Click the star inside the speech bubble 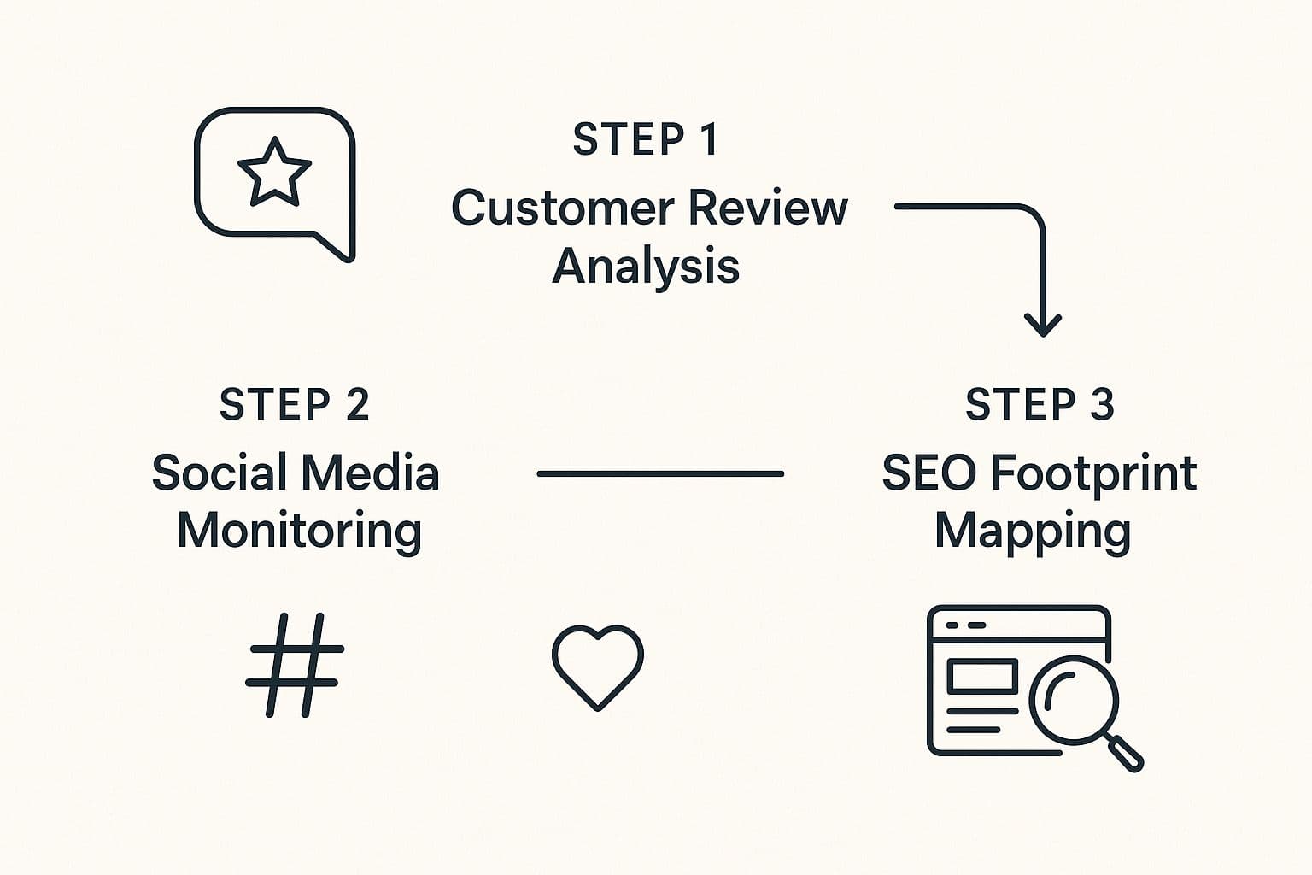273,173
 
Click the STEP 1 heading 646,139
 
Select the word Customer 562,208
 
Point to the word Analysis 646,266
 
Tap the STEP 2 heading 295,404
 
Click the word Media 370,473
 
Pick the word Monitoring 299,531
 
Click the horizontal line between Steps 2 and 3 660,473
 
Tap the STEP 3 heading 1040,404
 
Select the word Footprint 1094,474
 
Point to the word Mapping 1033,532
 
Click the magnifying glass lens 1074,697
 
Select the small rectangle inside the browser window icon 982,677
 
